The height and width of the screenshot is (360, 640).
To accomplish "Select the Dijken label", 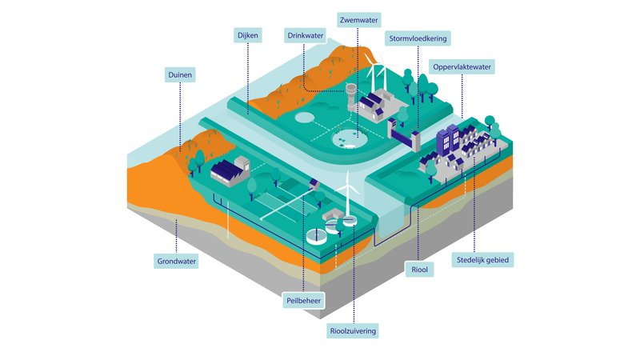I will [x=246, y=35].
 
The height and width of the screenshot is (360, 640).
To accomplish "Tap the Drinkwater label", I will [x=306, y=35].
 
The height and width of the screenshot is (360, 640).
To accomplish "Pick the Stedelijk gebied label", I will [x=483, y=259].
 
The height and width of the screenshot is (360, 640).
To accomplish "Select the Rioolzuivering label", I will [x=353, y=330].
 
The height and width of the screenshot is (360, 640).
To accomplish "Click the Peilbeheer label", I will [x=303, y=300].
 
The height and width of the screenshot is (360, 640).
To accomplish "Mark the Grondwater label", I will [x=176, y=260].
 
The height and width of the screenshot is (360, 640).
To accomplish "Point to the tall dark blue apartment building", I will [x=448, y=142].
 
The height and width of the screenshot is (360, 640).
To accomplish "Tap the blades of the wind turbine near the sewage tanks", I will [x=348, y=186].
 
